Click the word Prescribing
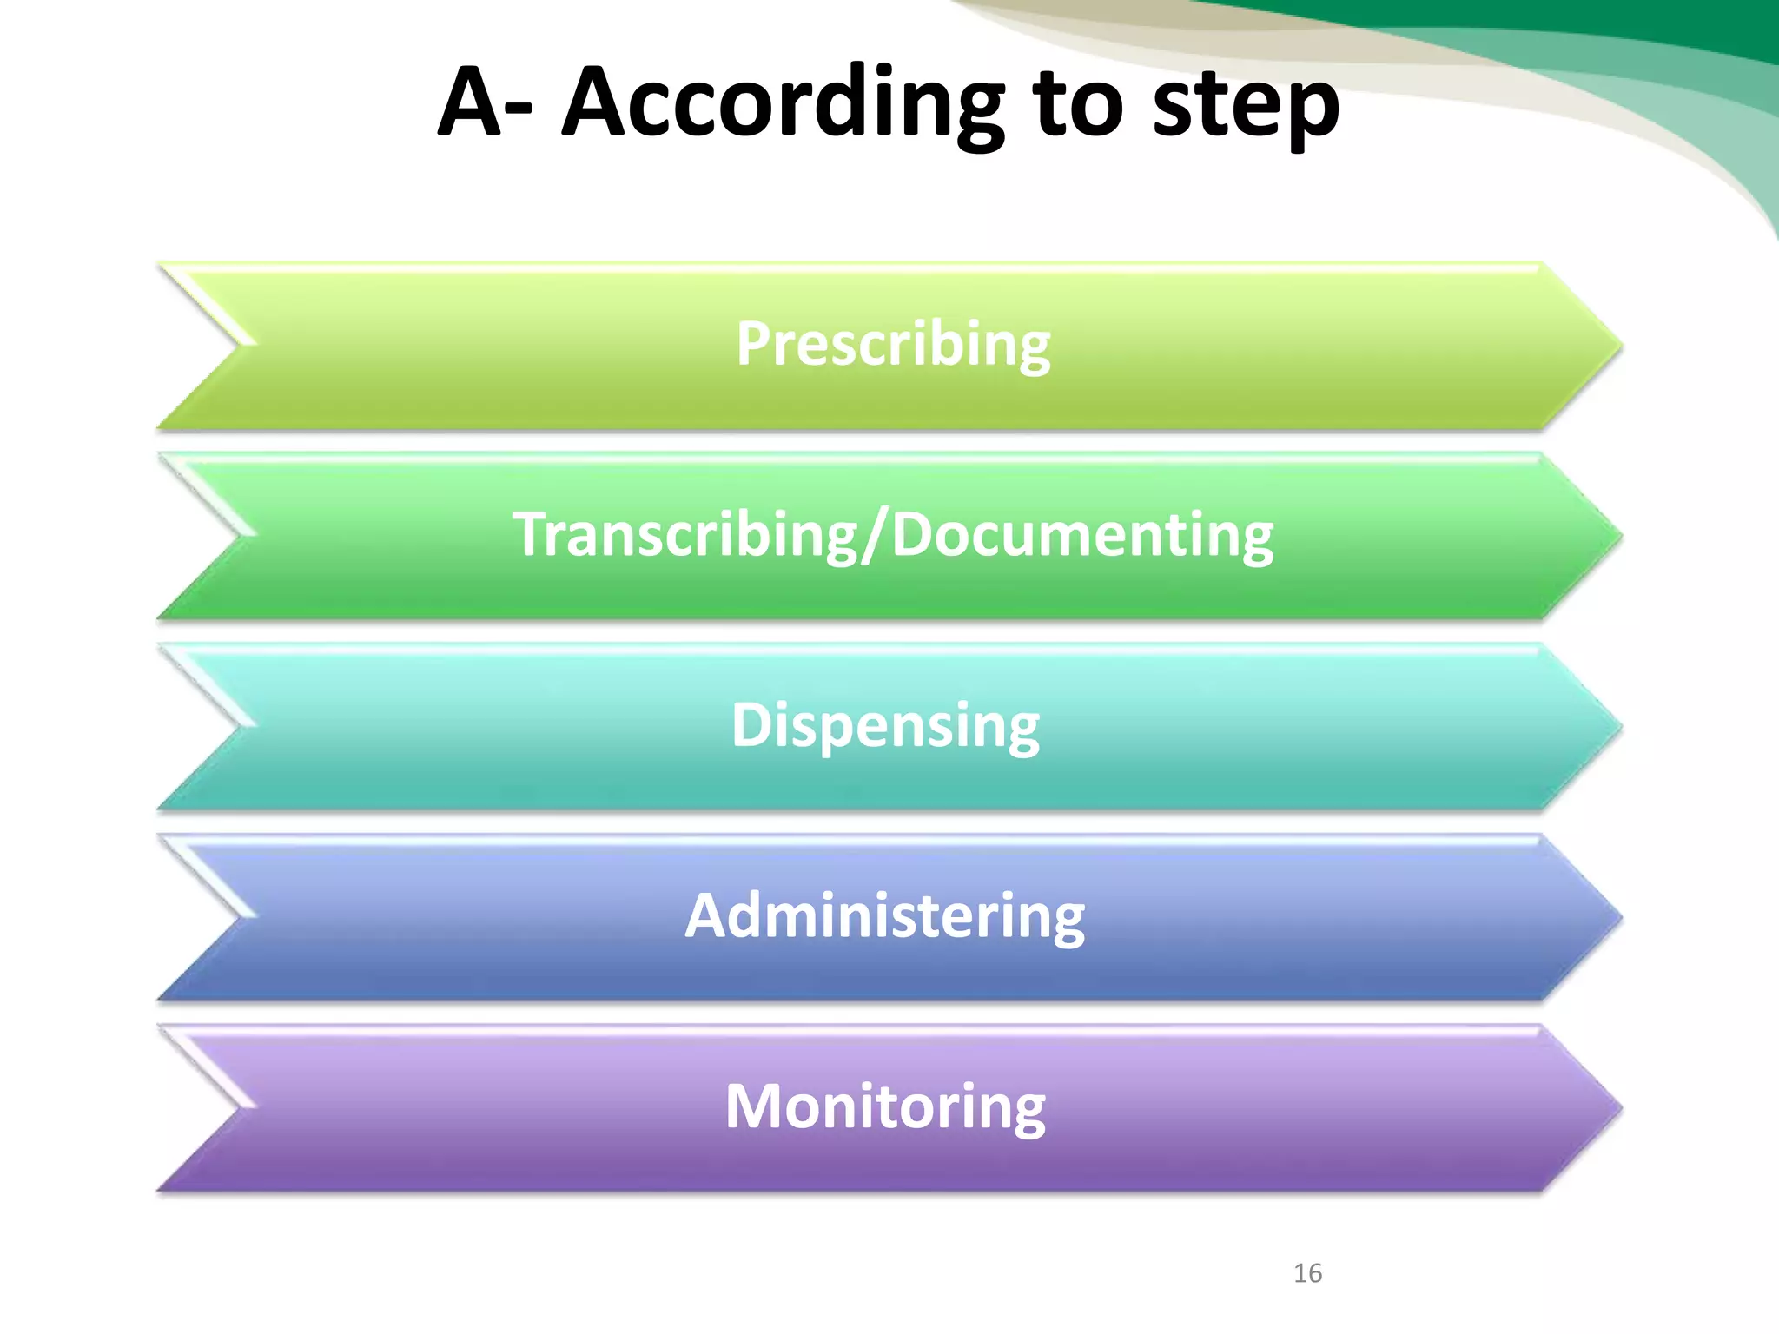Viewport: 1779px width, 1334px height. [x=893, y=344]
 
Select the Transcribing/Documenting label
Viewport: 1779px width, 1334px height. [x=893, y=535]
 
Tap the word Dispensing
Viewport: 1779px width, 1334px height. [x=885, y=725]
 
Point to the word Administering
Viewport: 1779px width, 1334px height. [x=885, y=916]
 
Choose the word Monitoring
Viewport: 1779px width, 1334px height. [x=885, y=1107]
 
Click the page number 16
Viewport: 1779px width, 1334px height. [x=1307, y=1273]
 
